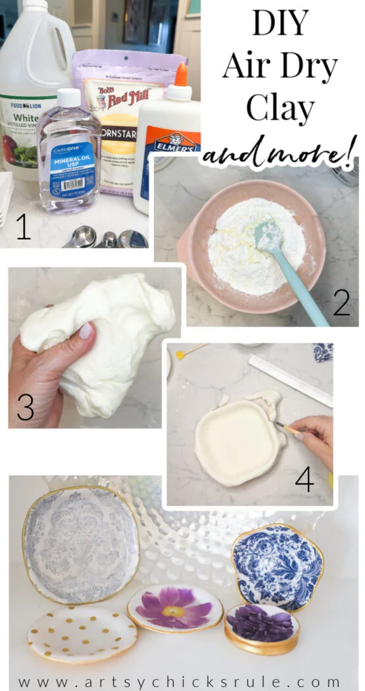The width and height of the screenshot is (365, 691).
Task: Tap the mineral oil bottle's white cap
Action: click(x=68, y=99)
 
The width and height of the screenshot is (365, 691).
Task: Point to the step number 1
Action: click(x=23, y=226)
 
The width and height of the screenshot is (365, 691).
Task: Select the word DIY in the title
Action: click(x=280, y=23)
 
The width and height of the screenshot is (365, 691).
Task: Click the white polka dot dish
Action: click(x=82, y=634)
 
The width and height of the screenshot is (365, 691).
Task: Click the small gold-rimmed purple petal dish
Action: click(x=261, y=627)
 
